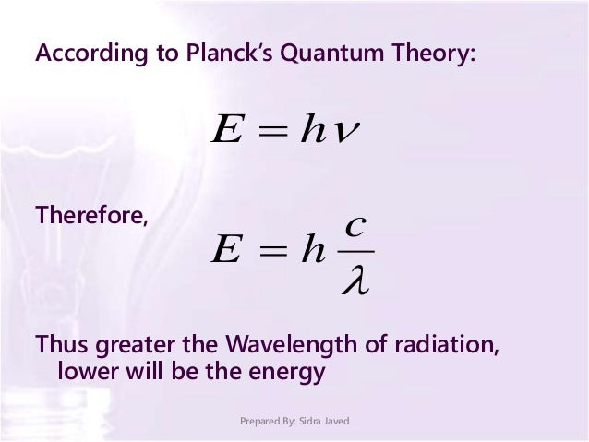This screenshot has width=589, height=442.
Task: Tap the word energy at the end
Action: [x=294, y=373]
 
